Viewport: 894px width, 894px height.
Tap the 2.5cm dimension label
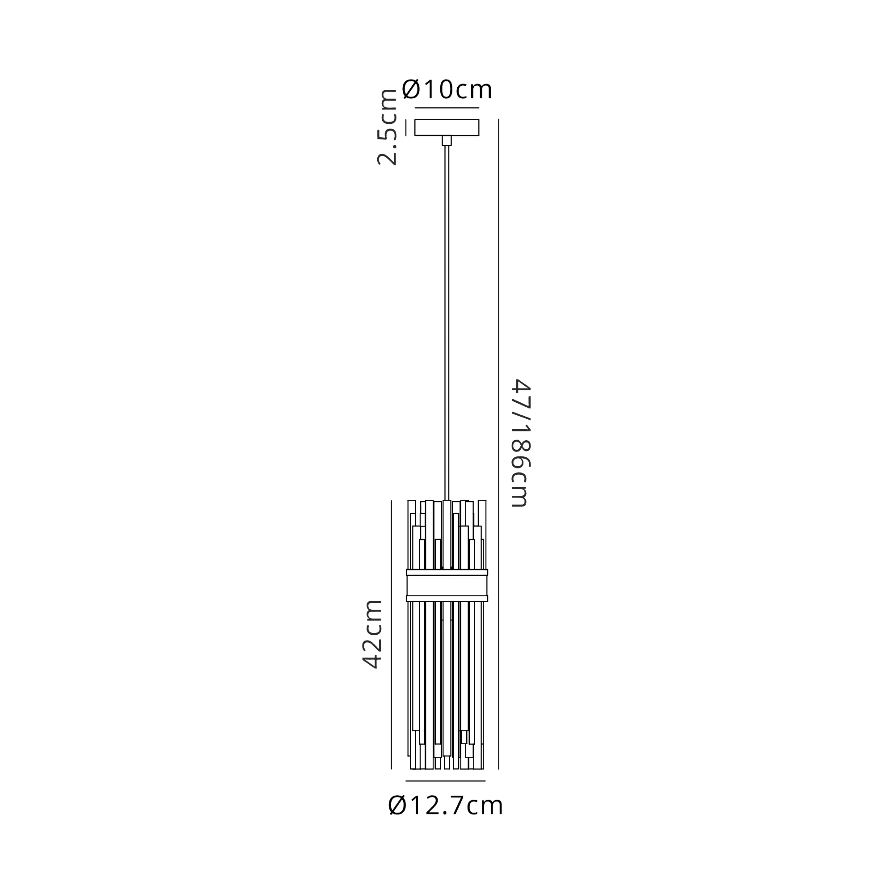pyautogui.click(x=387, y=127)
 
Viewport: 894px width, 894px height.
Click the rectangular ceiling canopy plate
pyautogui.click(x=447, y=128)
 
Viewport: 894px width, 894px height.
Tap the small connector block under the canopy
pyautogui.click(x=447, y=141)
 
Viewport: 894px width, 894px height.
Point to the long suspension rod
pyautogui.click(x=447, y=323)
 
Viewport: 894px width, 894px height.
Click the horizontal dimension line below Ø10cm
pyautogui.click(x=447, y=108)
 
